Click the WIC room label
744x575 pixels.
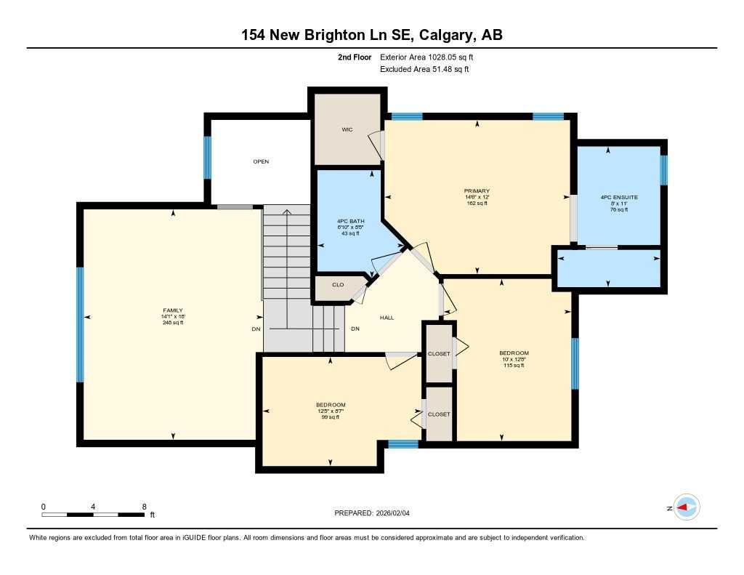click(x=347, y=130)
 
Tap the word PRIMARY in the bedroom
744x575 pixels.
click(x=477, y=190)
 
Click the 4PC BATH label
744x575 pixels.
click(x=349, y=222)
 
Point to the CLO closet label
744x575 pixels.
click(x=338, y=284)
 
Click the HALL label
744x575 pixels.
click(x=387, y=318)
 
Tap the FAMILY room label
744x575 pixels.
click(x=173, y=310)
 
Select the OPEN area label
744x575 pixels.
click(x=261, y=161)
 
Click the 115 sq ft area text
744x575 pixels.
click(x=514, y=366)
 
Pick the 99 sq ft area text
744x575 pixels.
click(x=330, y=417)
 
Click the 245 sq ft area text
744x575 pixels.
click(x=173, y=323)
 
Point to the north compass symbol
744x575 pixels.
click(x=685, y=507)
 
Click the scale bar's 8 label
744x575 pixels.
click(x=144, y=507)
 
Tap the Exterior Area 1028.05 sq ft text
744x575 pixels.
click(x=431, y=57)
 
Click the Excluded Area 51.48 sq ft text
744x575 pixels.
click(x=424, y=70)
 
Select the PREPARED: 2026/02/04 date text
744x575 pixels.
click(x=376, y=513)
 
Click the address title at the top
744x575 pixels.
click(x=372, y=35)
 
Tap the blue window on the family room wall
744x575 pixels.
click(x=80, y=323)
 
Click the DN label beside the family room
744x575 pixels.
click(x=256, y=329)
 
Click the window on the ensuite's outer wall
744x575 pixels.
click(x=663, y=170)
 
